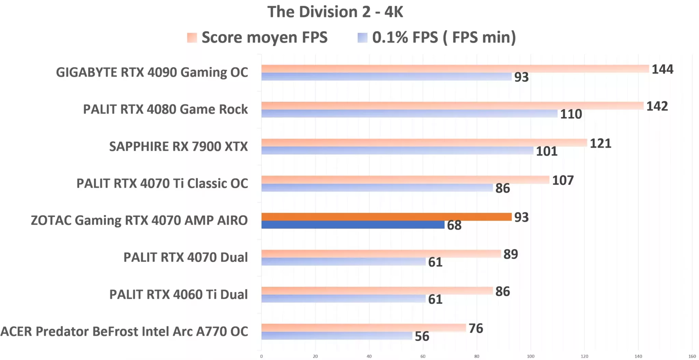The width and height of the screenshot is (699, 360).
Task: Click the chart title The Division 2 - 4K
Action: (335, 12)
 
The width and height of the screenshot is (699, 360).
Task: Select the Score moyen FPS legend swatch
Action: (192, 38)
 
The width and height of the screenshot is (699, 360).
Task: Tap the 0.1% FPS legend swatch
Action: (362, 38)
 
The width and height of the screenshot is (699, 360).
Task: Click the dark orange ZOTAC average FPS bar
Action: (386, 217)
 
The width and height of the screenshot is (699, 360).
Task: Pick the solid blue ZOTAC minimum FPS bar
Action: (353, 225)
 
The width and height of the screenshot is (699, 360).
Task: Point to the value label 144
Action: (662, 69)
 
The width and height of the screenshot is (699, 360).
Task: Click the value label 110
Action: (571, 114)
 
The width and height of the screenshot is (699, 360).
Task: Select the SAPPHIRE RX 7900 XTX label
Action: (178, 146)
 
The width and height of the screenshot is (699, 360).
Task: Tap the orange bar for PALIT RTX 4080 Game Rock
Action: (452, 106)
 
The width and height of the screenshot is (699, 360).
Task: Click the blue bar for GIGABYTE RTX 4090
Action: (386, 77)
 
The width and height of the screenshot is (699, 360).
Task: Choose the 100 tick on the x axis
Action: (530, 356)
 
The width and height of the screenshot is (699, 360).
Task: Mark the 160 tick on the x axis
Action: (692, 356)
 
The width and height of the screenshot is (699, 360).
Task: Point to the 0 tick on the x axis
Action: (261, 356)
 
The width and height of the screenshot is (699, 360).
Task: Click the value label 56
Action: (422, 336)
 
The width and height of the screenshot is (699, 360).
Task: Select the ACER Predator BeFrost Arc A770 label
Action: (124, 332)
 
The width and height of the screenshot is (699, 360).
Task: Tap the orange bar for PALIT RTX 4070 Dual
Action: (381, 254)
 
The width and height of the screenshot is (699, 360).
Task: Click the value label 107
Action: (562, 180)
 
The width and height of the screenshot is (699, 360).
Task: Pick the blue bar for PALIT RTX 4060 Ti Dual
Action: (343, 299)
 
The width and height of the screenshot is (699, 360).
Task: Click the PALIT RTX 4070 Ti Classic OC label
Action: (162, 184)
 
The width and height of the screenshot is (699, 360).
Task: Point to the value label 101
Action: (546, 151)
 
